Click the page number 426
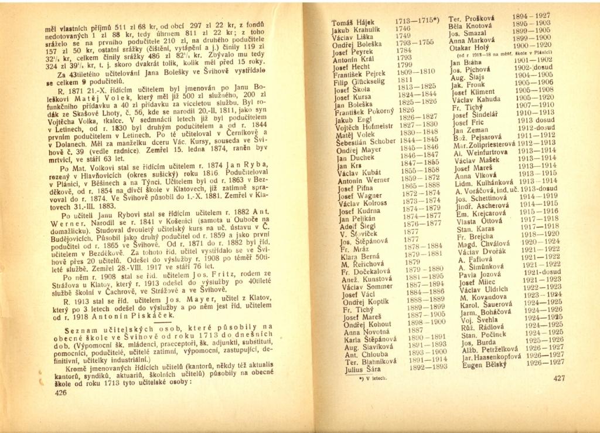pos(61,393)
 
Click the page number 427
pos(559,378)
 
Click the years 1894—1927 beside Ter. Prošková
pos(531,16)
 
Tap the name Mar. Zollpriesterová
pos(482,143)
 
